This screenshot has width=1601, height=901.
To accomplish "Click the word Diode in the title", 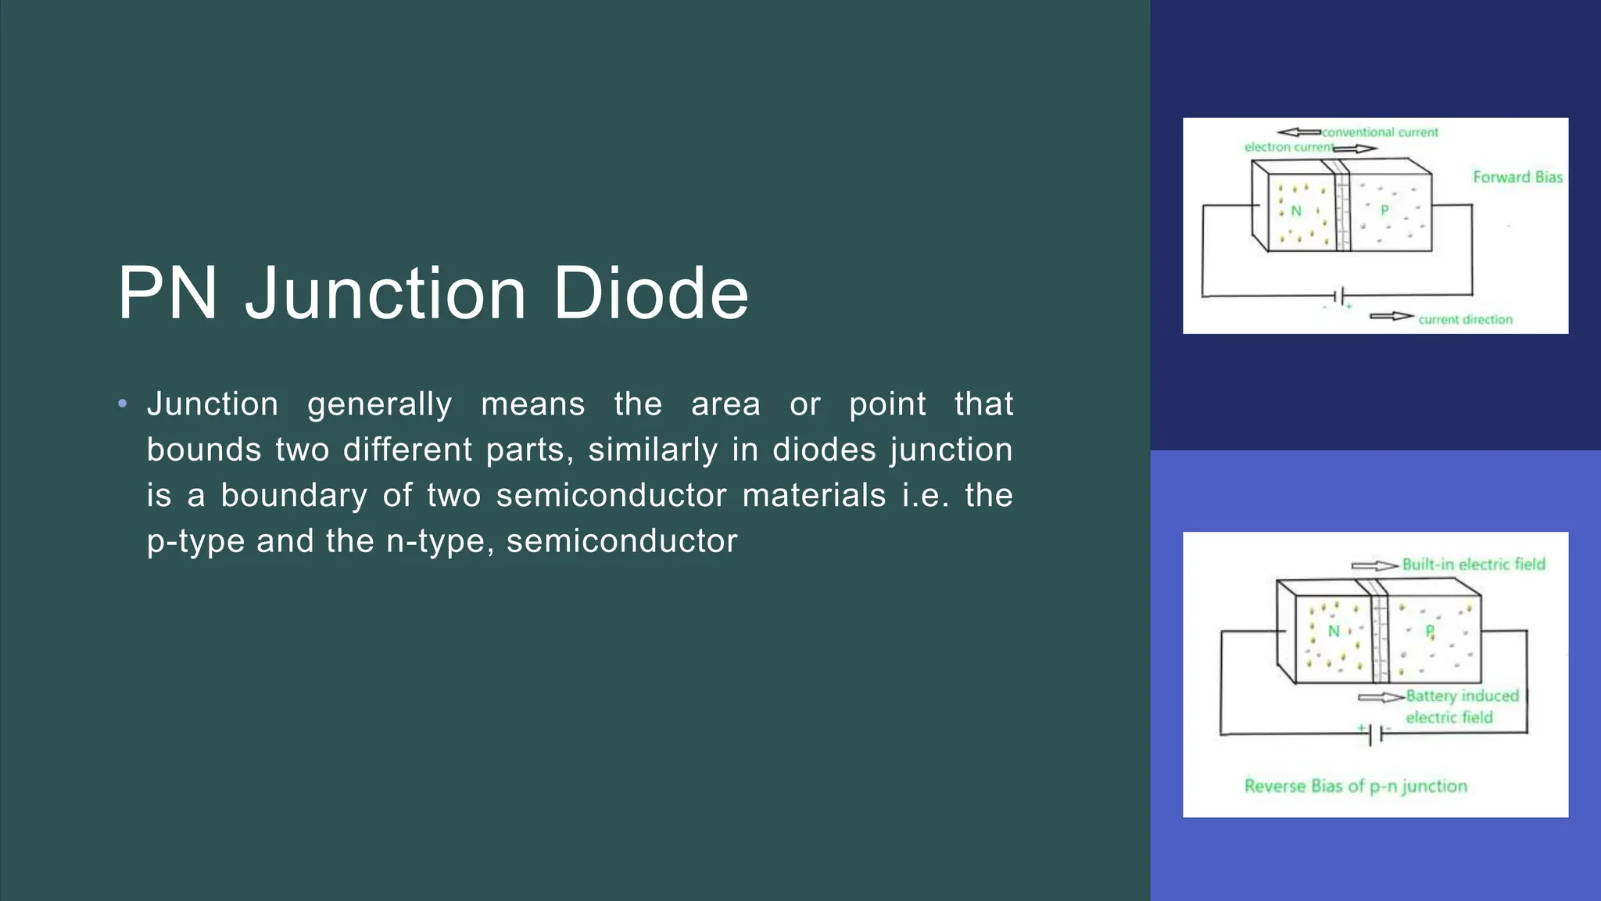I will point(650,294).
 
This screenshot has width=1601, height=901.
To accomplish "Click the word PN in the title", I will point(167,294).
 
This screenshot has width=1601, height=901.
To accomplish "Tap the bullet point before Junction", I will point(122,404).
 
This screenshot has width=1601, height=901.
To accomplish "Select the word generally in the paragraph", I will point(379,404).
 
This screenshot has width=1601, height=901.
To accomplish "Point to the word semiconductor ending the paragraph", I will point(621,541).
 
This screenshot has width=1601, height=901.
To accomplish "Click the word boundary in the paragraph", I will point(293,496).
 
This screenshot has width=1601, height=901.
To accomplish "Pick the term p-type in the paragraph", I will point(195,541).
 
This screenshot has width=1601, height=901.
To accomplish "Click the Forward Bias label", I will point(1517,178).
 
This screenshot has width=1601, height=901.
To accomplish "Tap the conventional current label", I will point(1380,132).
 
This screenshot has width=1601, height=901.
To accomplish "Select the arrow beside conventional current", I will point(1298,132).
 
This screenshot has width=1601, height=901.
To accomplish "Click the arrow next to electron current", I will point(1355,149).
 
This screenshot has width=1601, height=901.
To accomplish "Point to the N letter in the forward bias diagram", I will point(1296,210).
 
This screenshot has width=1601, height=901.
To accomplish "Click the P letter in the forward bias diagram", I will point(1384,210).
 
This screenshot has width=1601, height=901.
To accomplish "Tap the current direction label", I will point(1465,319).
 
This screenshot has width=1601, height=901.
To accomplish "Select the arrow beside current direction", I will point(1391,316).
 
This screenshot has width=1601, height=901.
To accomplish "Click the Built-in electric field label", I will point(1474,565).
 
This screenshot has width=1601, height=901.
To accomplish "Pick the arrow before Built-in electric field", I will point(1374,565).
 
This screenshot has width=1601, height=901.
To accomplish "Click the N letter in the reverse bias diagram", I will point(1334,631).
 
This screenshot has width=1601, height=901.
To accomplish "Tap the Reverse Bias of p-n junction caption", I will point(1356,786).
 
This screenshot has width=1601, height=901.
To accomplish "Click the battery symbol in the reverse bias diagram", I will point(1376,734).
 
